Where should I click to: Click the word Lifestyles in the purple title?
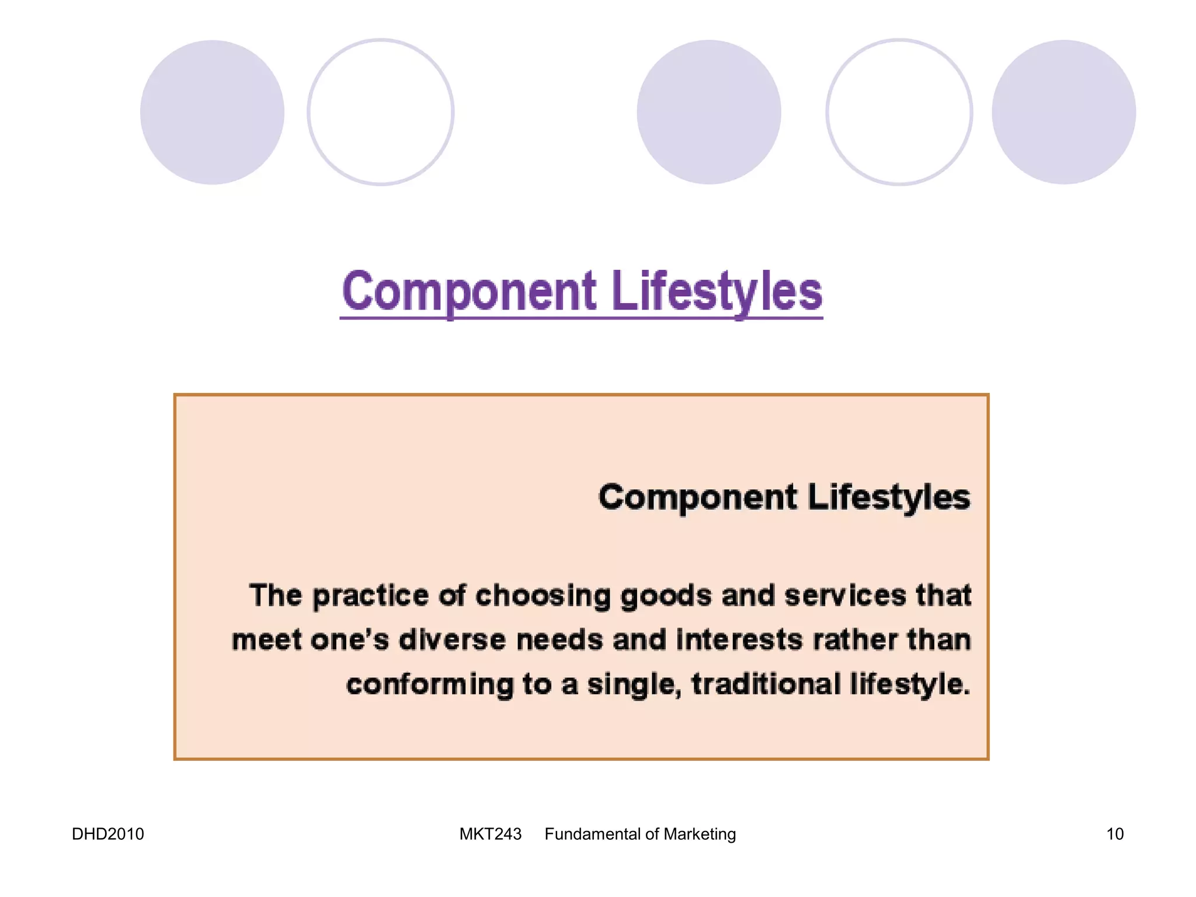717,292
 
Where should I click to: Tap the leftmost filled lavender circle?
212,112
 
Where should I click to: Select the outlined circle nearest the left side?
380,112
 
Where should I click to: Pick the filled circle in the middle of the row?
708,112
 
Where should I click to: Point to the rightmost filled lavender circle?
1063,112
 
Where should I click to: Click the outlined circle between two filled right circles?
899,112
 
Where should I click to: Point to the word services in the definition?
844,596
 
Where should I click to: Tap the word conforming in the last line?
429,684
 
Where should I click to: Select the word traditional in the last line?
766,684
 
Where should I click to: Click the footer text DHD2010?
107,834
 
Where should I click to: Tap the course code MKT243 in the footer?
490,834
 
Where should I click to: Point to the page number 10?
1114,834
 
